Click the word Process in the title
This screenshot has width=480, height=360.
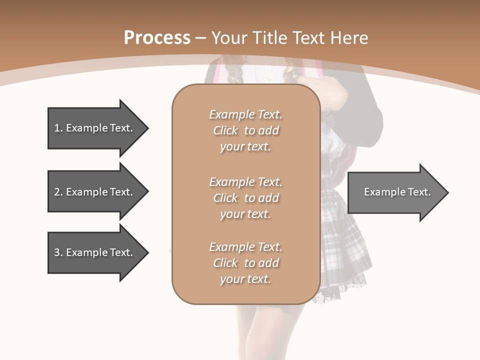157,38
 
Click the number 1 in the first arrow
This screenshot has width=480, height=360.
57,128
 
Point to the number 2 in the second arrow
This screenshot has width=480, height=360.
57,192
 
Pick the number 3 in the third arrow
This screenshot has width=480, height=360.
57,252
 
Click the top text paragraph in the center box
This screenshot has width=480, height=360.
245,130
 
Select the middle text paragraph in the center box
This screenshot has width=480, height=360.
245,198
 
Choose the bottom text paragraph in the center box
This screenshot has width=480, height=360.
245,263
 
